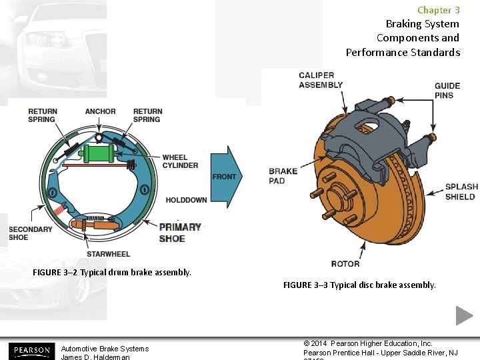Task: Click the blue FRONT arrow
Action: [x=225, y=176]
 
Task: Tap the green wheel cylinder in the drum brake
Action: [x=99, y=154]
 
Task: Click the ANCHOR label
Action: [x=101, y=111]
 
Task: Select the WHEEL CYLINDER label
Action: [x=180, y=161]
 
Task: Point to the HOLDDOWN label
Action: [x=186, y=200]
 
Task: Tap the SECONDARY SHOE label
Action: [x=30, y=233]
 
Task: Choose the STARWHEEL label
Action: [x=108, y=254]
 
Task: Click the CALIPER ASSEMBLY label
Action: [x=321, y=80]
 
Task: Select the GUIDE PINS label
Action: [x=447, y=90]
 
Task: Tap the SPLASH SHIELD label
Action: [x=461, y=192]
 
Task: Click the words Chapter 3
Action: [x=438, y=10]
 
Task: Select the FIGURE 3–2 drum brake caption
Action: [x=112, y=272]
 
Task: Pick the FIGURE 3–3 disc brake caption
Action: [x=359, y=285]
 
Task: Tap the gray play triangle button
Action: [x=465, y=315]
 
